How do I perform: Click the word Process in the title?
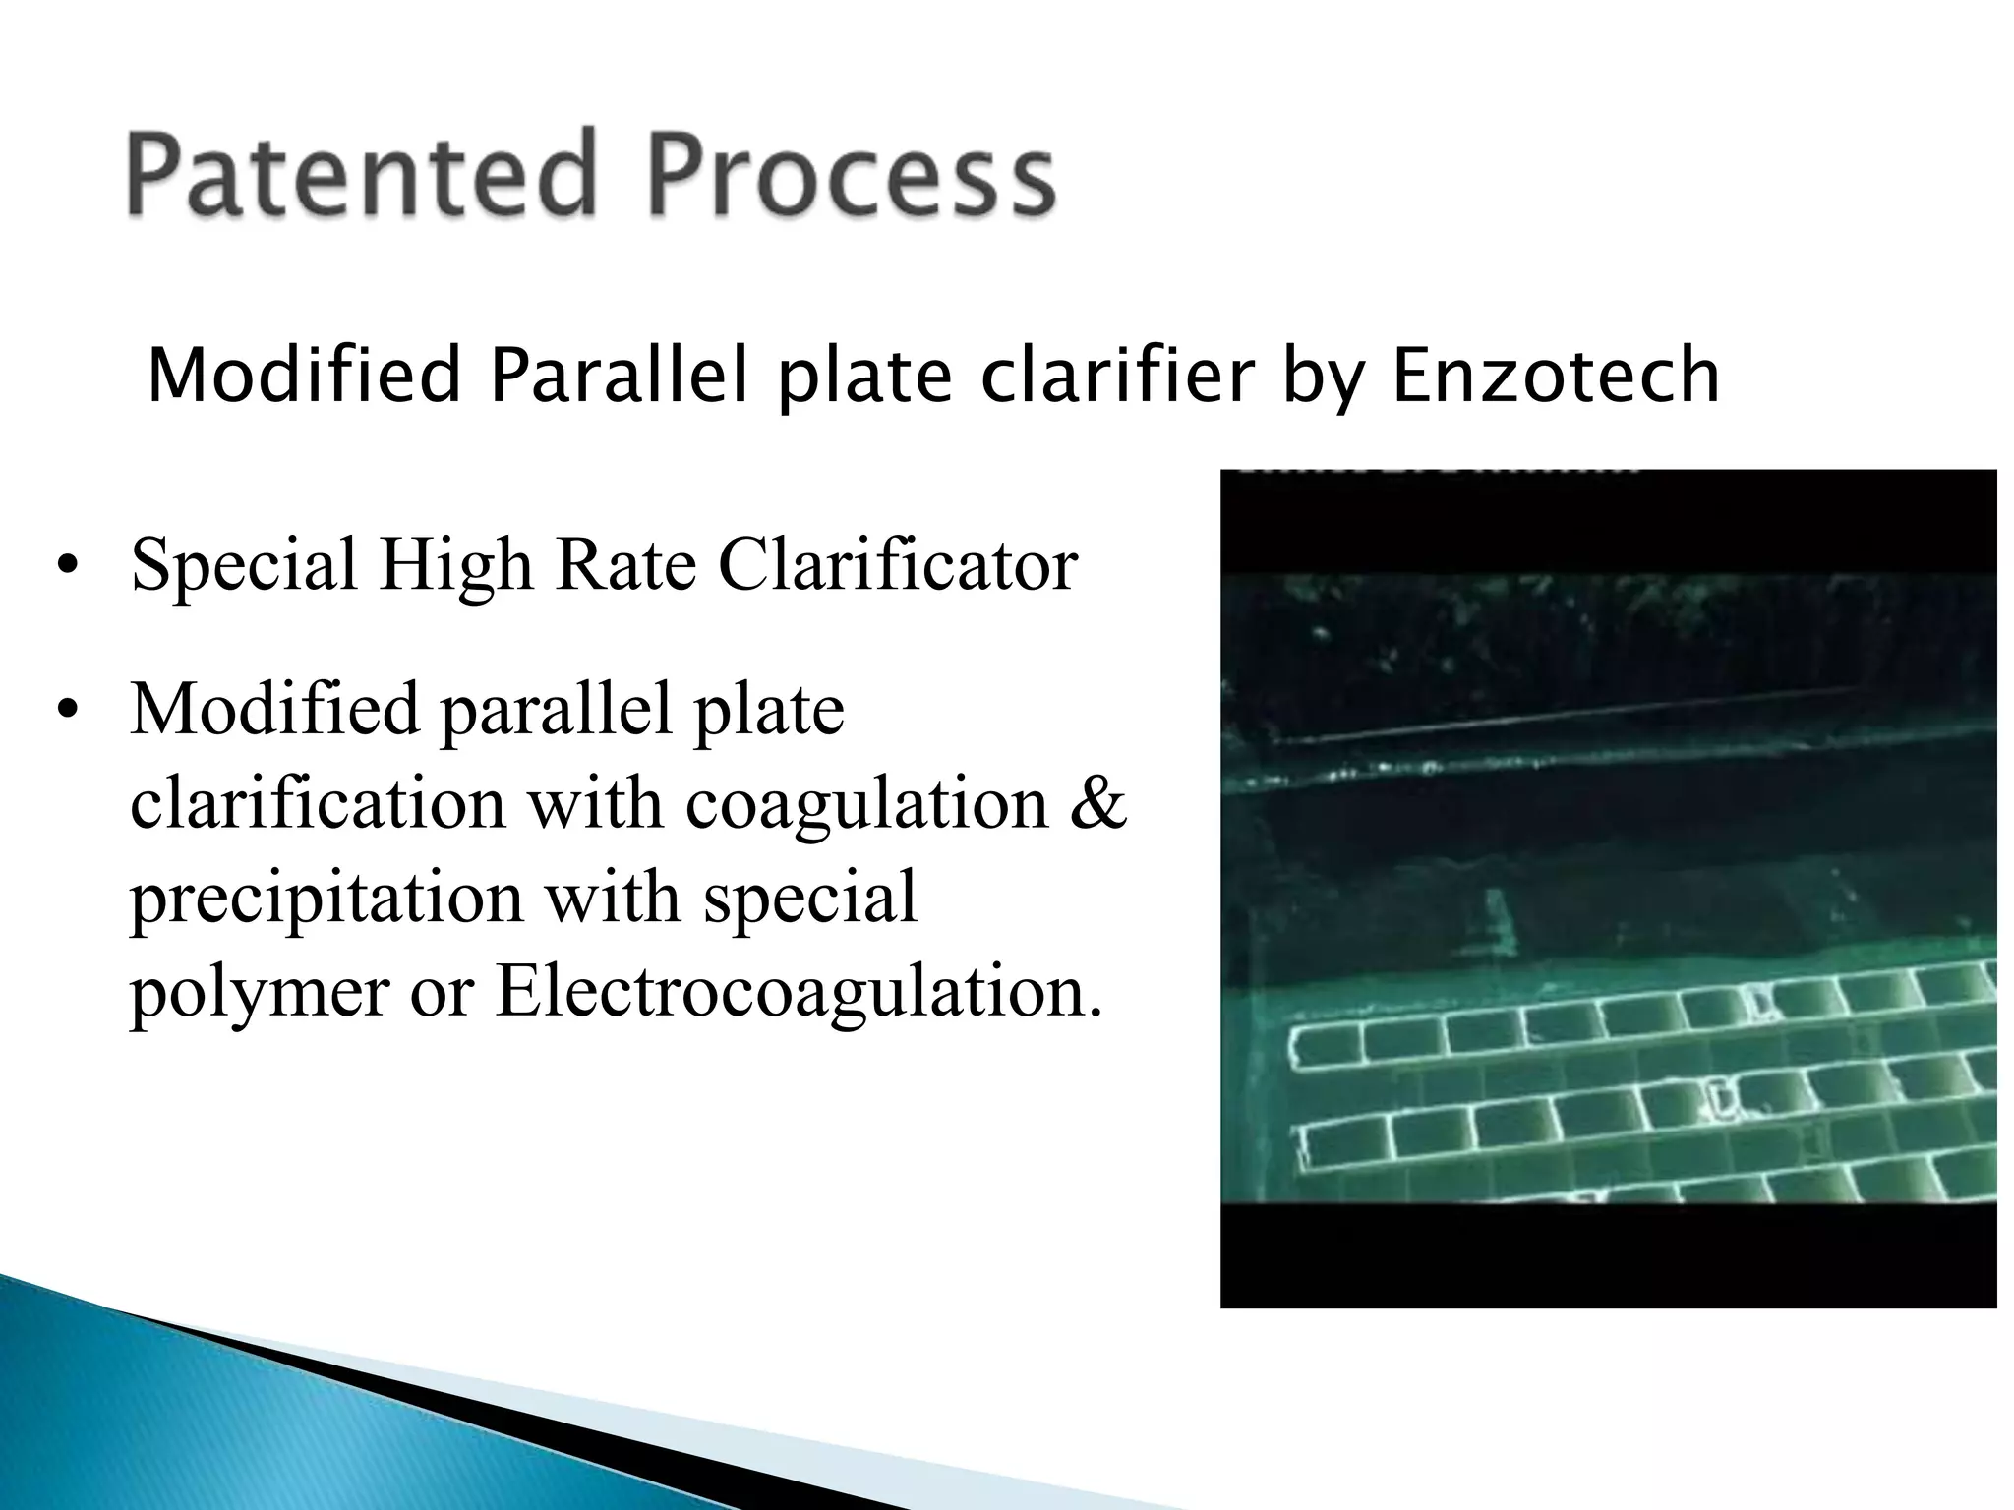[x=852, y=175]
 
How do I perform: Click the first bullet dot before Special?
[x=66, y=567]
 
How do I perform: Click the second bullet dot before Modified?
[x=66, y=710]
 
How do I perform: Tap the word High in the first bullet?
[x=454, y=567]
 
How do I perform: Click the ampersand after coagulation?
[x=1096, y=803]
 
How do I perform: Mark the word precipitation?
[x=326, y=900]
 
